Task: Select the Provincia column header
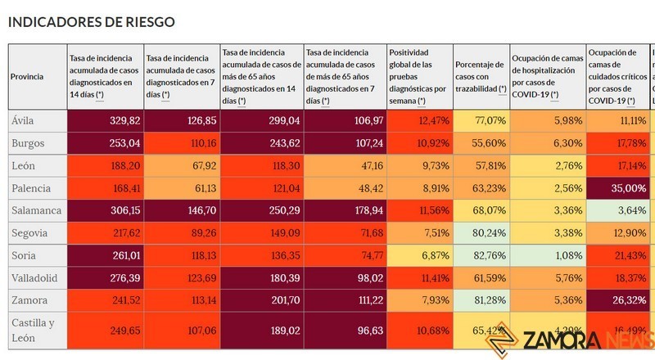pyautogui.click(x=27, y=76)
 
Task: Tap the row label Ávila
pyautogui.click(x=23, y=120)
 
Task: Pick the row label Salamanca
pyautogui.click(x=35, y=210)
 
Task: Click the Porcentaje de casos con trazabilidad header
pyautogui.click(x=481, y=76)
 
